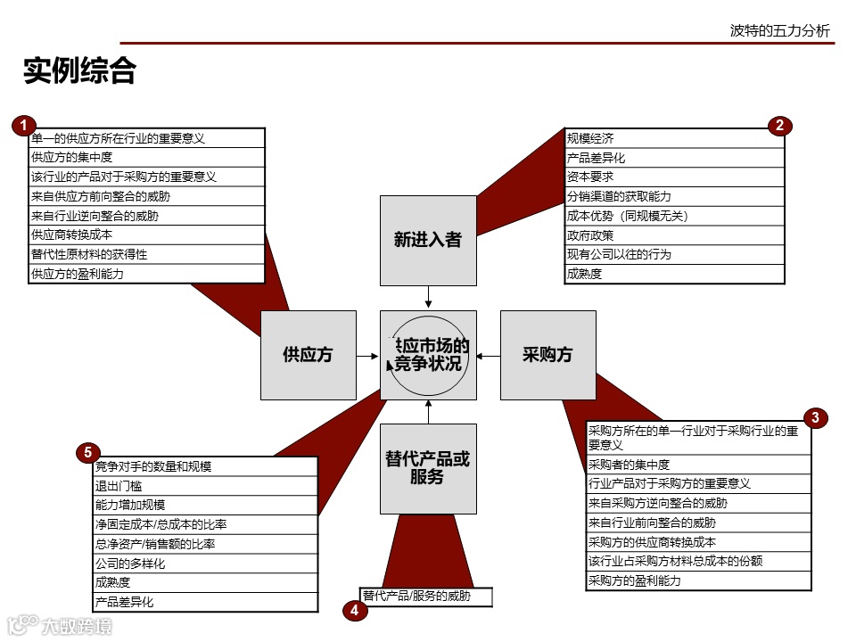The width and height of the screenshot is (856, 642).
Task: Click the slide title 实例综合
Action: [x=79, y=70]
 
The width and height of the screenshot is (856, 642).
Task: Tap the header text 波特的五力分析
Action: [x=779, y=31]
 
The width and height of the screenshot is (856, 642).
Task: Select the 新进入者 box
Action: [x=428, y=239]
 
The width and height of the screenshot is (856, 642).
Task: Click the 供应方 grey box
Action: [x=308, y=355]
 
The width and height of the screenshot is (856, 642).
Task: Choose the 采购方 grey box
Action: [x=547, y=355]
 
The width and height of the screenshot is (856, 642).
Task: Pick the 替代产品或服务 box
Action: [x=428, y=468]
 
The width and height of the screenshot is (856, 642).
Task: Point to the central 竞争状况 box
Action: [x=428, y=355]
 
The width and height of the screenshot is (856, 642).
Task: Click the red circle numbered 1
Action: [x=23, y=126]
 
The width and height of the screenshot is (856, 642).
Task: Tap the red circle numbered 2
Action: [x=779, y=126]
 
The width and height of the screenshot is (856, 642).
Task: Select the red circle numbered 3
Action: [x=815, y=417]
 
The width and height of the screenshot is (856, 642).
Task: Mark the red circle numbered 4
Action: [x=355, y=611]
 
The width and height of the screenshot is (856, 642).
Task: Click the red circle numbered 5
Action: [x=87, y=453]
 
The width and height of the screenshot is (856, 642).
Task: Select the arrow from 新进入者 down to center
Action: [x=428, y=297]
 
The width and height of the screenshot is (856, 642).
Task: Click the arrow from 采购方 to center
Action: [x=488, y=355]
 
